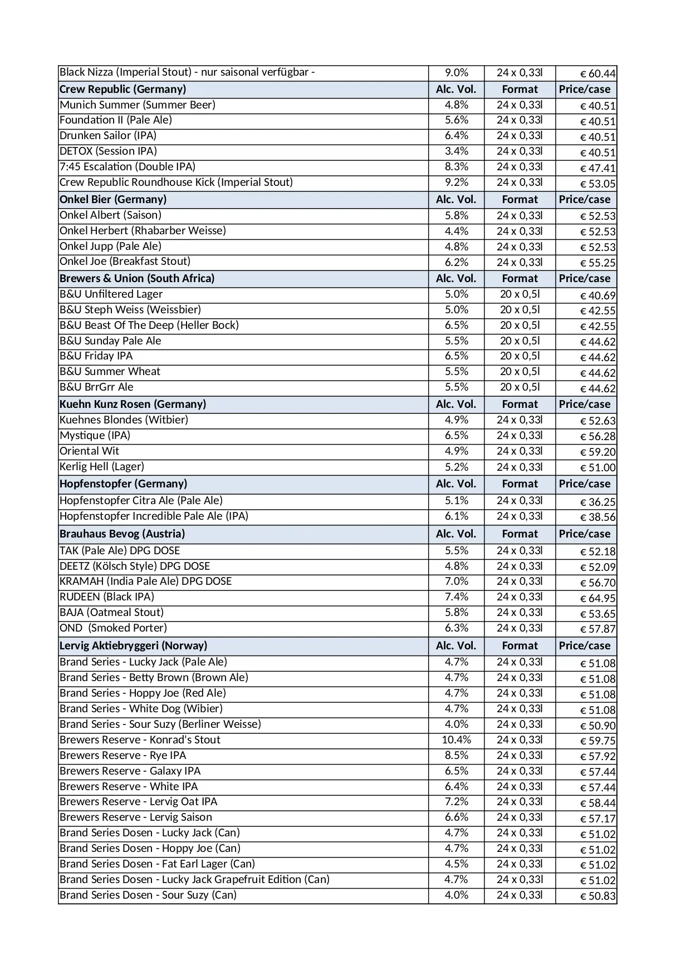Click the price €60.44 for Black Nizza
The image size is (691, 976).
(x=597, y=73)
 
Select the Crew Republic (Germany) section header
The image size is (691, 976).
(x=122, y=89)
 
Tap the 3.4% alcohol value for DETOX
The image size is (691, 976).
(x=456, y=151)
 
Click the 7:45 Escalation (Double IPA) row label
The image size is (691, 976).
(x=128, y=167)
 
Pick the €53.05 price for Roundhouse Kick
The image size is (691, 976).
(x=597, y=184)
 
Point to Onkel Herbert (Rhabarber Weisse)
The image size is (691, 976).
(x=143, y=231)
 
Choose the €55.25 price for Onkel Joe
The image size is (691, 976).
(x=597, y=263)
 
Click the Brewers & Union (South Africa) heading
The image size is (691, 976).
(x=137, y=279)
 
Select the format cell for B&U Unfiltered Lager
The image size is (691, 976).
(x=520, y=294)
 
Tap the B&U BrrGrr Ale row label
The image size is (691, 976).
(x=96, y=387)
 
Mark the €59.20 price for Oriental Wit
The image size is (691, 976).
(x=597, y=452)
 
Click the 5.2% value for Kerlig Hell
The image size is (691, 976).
(x=456, y=467)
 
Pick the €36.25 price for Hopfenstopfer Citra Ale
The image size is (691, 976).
(x=597, y=502)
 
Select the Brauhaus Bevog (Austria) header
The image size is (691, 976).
(x=122, y=534)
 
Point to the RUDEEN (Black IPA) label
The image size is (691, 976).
(x=107, y=597)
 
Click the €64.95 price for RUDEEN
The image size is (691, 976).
(x=597, y=599)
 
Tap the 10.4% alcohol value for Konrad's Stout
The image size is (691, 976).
(x=456, y=740)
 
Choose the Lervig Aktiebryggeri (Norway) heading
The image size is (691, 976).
(x=133, y=646)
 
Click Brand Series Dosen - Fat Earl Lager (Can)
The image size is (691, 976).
(x=157, y=864)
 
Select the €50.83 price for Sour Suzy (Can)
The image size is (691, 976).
(x=597, y=896)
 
